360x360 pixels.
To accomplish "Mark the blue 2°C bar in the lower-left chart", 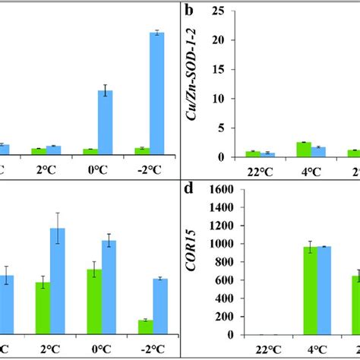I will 58,281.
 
